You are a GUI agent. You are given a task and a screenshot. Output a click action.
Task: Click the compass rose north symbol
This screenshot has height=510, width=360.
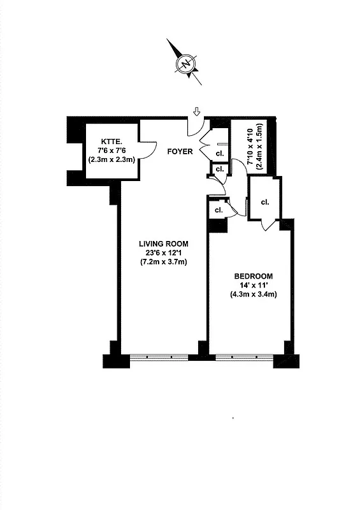[185, 64]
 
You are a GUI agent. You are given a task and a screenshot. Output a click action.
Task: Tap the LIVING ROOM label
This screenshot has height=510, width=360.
[164, 244]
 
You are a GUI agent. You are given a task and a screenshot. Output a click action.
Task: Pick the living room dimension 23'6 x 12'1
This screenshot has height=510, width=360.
[164, 253]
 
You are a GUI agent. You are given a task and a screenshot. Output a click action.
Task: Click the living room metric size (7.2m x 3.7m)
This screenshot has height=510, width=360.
[164, 263]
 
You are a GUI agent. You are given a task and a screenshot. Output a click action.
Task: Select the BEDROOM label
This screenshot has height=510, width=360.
[252, 276]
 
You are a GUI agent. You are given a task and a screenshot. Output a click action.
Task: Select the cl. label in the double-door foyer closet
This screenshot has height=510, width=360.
[219, 154]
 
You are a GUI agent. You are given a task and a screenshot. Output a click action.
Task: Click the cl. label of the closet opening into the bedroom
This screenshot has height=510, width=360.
[264, 203]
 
